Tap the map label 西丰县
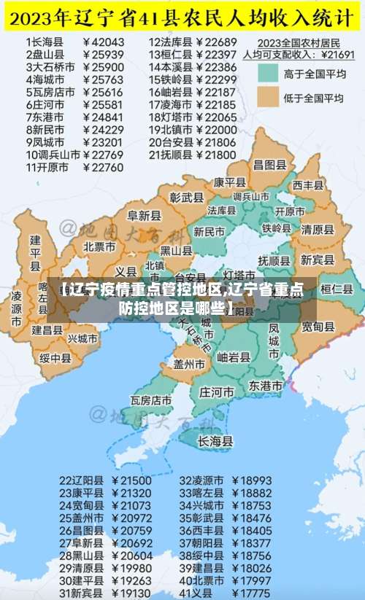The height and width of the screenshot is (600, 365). (308, 186)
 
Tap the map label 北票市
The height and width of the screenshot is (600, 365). (99, 246)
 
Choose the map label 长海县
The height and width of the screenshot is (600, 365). (215, 441)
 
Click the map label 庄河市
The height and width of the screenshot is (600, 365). (216, 391)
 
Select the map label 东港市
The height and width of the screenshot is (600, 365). (265, 385)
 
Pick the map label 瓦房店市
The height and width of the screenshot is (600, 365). (151, 400)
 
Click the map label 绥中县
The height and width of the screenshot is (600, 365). (55, 358)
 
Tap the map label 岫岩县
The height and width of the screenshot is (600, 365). (234, 357)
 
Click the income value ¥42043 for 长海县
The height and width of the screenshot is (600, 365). (104, 42)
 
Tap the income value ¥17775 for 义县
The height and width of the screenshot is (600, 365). (252, 593)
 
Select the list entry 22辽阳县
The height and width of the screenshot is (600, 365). (81, 481)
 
